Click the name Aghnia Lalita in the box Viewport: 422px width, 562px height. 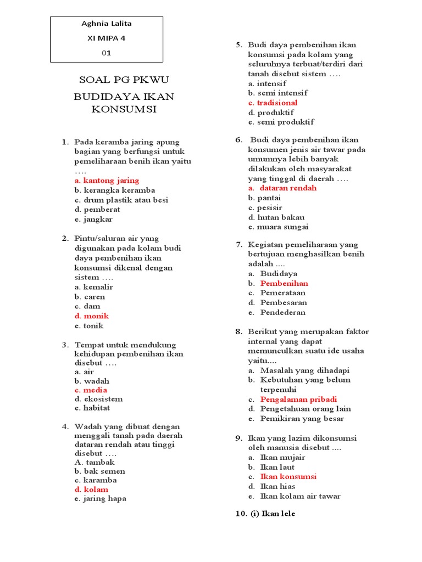point(107,24)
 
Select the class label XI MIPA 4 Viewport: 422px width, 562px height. point(107,38)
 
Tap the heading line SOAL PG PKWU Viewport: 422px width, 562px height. point(124,80)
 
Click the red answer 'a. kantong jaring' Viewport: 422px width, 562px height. point(107,181)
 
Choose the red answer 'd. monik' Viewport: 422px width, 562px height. point(92,316)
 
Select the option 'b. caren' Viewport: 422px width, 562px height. point(90,297)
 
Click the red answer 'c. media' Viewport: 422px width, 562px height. point(91,390)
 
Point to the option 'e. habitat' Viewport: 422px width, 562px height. point(92,408)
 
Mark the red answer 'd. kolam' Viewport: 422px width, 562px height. point(91,490)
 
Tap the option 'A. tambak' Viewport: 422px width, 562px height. point(95,462)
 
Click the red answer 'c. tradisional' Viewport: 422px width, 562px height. point(273,103)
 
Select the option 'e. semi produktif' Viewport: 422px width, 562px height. point(281,122)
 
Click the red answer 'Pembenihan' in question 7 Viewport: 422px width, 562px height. point(284,284)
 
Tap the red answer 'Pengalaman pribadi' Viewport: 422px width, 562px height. point(298,400)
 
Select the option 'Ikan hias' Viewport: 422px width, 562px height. point(277,486)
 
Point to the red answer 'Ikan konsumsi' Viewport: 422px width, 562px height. point(288,477)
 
